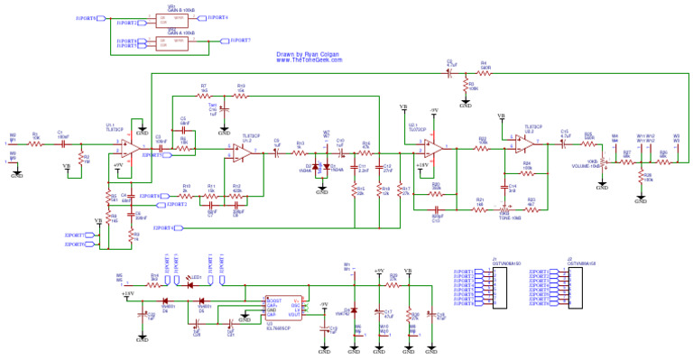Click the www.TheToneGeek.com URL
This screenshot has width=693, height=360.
click(x=309, y=60)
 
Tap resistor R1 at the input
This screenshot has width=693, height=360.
click(x=35, y=143)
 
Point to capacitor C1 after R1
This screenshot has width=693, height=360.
click(x=60, y=143)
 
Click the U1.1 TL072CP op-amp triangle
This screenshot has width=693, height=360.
click(x=130, y=147)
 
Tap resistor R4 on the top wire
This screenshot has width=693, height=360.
click(x=484, y=71)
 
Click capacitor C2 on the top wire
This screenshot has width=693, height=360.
click(x=451, y=71)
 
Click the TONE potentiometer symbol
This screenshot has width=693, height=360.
click(x=504, y=209)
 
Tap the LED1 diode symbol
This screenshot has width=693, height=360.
click(x=190, y=285)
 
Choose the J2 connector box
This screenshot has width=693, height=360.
click(x=569, y=287)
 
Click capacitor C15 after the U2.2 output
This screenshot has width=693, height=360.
click(x=564, y=143)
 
